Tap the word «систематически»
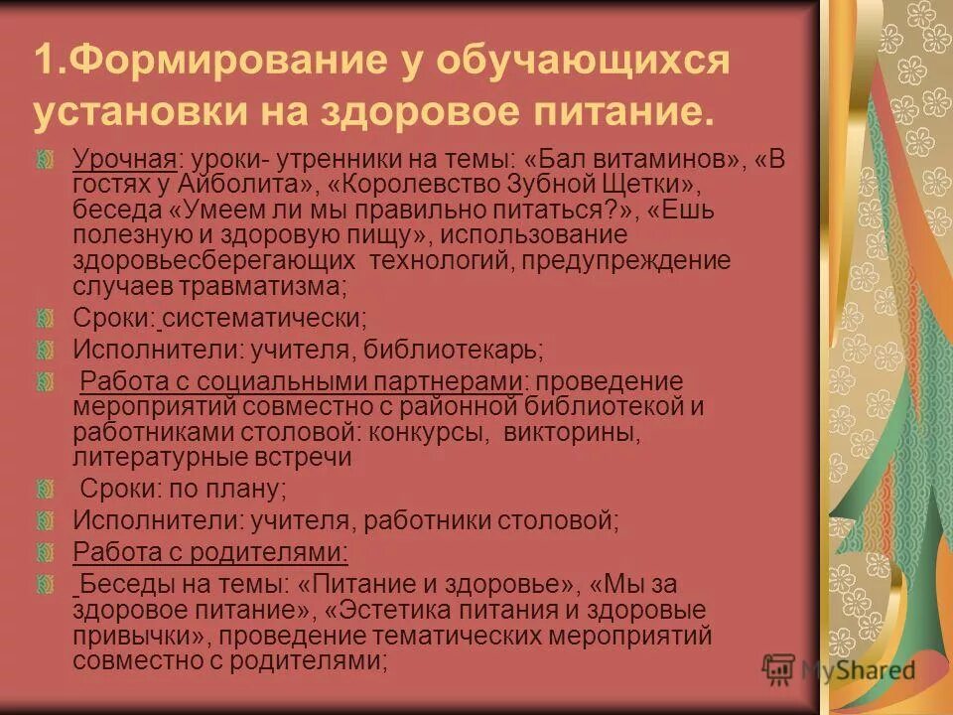265,319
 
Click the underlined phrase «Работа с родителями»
209,552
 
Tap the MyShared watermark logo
840,670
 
